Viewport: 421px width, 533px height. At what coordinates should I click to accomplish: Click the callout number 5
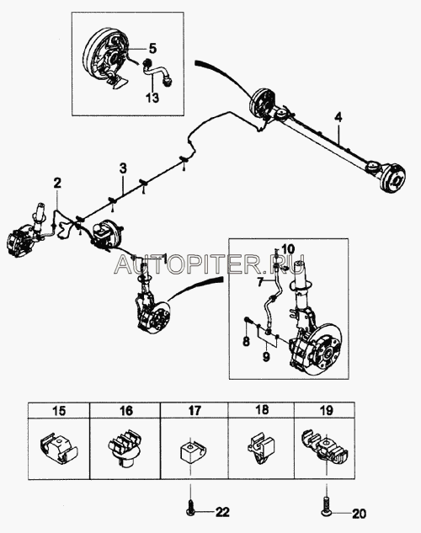click(153, 49)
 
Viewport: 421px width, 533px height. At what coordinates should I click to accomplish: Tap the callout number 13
click(152, 98)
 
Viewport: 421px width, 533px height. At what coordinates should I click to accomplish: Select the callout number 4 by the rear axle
click(338, 118)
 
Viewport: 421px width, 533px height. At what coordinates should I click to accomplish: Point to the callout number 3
click(123, 168)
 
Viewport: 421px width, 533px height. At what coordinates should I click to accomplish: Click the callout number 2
click(57, 183)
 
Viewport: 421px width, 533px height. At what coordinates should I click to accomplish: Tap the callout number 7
click(260, 282)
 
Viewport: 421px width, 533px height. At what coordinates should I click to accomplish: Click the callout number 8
click(247, 341)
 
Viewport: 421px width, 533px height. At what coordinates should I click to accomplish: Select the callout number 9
click(266, 357)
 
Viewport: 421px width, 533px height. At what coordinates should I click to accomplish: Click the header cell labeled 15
click(59, 411)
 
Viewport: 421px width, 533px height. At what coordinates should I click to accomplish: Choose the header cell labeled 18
click(261, 409)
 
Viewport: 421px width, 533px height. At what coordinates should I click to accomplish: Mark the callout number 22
click(222, 511)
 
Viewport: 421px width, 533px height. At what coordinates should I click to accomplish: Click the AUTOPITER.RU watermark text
click(209, 264)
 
